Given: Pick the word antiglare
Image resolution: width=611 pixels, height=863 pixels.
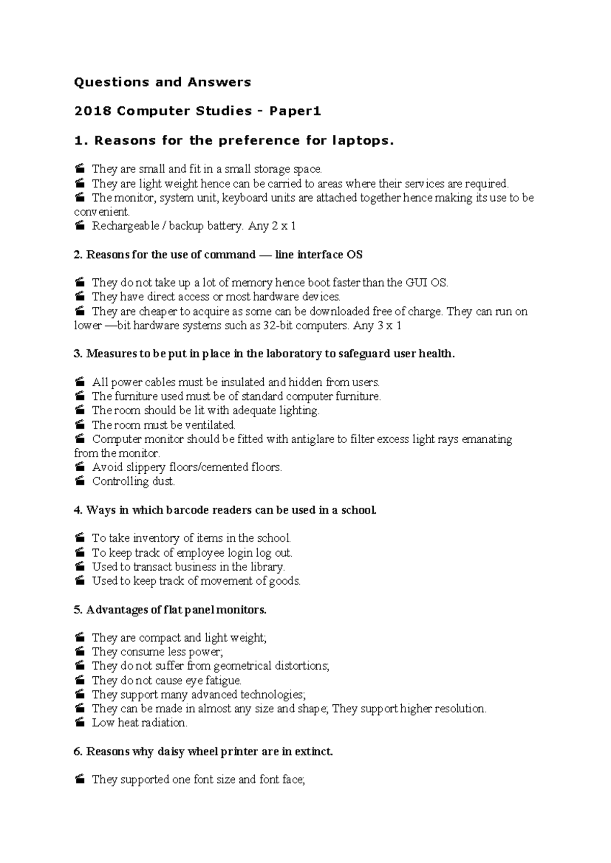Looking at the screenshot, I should [x=314, y=439].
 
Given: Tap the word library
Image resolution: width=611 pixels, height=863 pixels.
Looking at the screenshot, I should [x=267, y=567].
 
